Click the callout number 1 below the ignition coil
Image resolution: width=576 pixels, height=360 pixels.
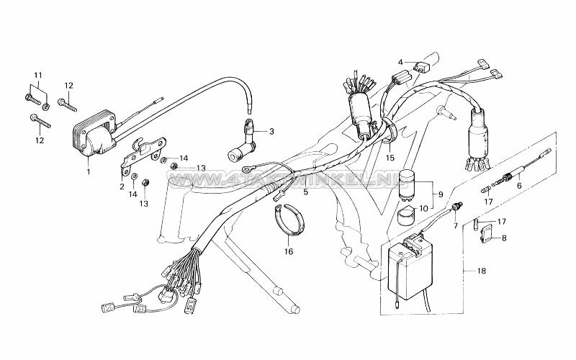tap(88, 171)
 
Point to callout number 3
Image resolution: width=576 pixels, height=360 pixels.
tap(271, 132)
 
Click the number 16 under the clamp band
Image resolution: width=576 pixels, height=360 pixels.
tap(289, 252)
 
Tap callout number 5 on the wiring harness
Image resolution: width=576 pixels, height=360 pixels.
tap(285, 192)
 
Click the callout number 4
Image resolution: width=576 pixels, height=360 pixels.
tap(400, 62)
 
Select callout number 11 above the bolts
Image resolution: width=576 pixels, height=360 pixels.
tap(38, 76)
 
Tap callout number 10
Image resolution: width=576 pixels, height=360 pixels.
tap(423, 209)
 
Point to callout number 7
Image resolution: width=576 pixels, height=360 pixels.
tap(454, 225)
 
